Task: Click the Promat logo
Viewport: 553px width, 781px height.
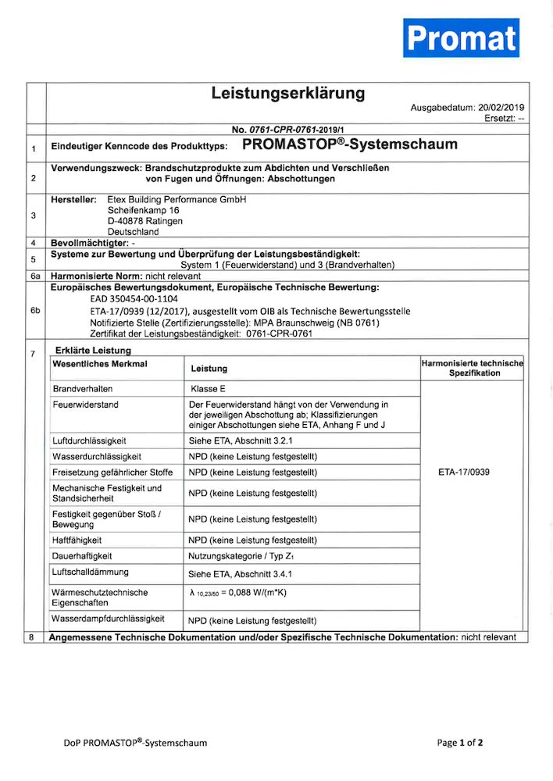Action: click(x=461, y=37)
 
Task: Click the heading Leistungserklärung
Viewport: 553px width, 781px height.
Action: click(x=287, y=94)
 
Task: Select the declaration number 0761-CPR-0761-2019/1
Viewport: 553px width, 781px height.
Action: click(x=299, y=129)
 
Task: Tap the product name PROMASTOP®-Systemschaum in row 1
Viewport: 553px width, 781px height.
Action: click(x=350, y=144)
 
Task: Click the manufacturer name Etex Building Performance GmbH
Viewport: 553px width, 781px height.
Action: click(x=176, y=200)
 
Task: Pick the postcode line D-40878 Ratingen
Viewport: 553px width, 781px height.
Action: click(x=145, y=221)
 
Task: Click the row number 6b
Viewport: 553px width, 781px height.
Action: click(x=34, y=311)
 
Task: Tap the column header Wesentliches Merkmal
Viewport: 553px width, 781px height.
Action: click(x=100, y=364)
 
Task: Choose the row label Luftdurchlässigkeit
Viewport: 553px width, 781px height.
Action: click(x=89, y=440)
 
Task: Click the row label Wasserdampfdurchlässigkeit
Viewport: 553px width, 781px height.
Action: click(x=109, y=619)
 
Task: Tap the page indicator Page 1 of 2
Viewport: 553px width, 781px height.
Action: click(x=460, y=743)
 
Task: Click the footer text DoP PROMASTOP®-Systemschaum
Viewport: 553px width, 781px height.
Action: click(x=135, y=743)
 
